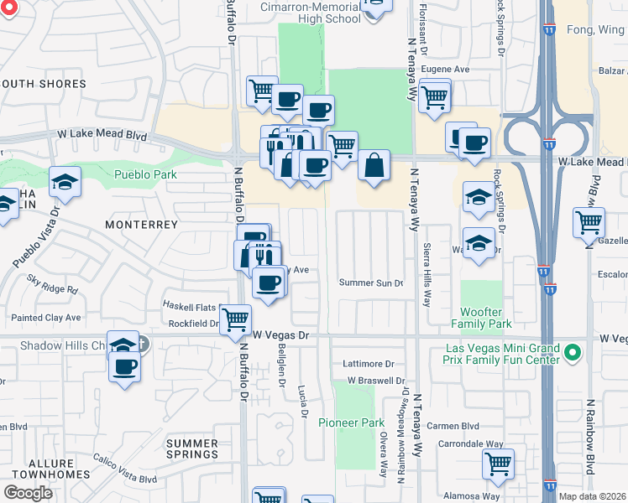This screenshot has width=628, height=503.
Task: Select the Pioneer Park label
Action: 351,423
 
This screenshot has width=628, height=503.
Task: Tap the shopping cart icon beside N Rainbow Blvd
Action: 589,222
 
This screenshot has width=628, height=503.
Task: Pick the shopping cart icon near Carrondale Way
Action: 498,463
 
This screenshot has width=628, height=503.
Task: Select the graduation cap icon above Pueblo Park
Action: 65,181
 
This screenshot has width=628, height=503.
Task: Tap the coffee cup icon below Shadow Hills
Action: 124,366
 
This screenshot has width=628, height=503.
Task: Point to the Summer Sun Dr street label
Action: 371,283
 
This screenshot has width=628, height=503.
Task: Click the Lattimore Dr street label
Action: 368,364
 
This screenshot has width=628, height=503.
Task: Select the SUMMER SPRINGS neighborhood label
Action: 192,449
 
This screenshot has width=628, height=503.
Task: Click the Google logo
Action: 28,493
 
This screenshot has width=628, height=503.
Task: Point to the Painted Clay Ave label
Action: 46,318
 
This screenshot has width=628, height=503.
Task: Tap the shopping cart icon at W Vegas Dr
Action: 236,319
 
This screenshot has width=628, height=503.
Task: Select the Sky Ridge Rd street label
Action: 52,283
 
